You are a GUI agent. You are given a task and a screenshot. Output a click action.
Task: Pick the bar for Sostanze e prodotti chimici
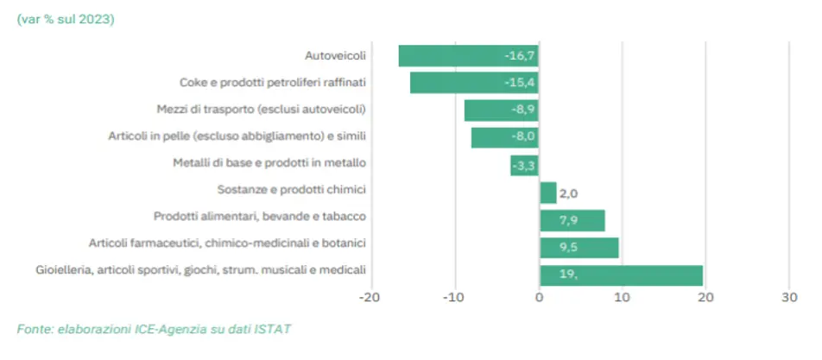[548, 193]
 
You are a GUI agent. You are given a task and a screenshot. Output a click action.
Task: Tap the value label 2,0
[570, 193]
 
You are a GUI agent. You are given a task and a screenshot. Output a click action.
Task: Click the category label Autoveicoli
[336, 56]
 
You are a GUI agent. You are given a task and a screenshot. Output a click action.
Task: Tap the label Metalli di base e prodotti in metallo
[269, 162]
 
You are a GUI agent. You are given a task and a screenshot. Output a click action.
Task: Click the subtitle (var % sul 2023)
[65, 19]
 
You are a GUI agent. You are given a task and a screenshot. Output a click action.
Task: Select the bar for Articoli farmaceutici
[579, 248]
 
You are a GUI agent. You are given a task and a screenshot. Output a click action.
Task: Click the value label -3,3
[524, 165]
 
